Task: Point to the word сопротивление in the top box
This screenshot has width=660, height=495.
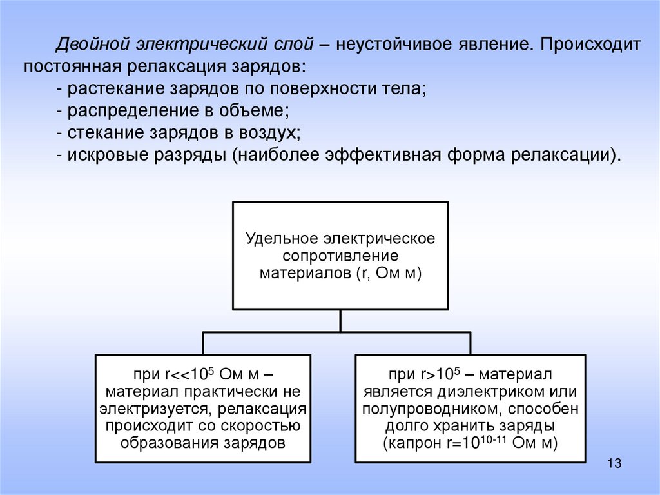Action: point(340,256)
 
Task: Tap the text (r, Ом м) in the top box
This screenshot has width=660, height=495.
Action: point(387,273)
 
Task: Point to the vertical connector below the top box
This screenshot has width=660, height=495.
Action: point(340,322)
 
